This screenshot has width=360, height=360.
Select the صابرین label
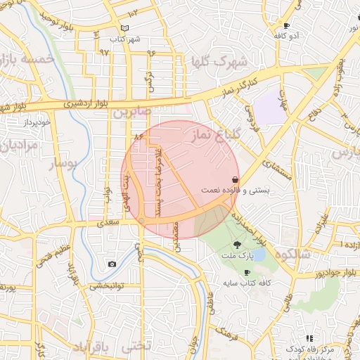tap(131, 112)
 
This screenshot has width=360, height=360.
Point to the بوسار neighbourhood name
tap(64, 165)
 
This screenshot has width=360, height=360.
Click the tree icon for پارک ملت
tap(236, 245)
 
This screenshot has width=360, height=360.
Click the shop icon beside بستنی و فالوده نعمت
tap(233, 180)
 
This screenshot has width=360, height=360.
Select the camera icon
tap(112, 264)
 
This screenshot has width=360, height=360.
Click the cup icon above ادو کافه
tap(286, 25)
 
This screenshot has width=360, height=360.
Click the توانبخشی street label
tap(105, 287)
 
